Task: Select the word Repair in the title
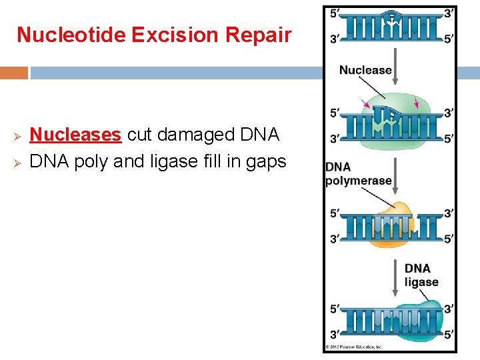pyautogui.click(x=257, y=35)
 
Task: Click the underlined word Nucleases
pyautogui.click(x=75, y=135)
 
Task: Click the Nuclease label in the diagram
pyautogui.click(x=365, y=70)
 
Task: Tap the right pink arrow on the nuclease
pyautogui.click(x=417, y=102)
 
